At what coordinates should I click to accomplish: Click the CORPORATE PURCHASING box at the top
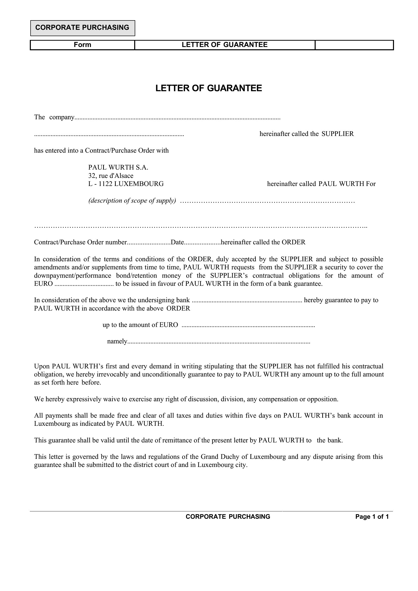pos(82,28)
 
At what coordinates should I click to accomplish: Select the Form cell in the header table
pos(82,45)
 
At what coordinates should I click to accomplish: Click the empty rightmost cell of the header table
pos(354,45)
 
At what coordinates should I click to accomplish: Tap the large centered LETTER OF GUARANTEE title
pos(209,88)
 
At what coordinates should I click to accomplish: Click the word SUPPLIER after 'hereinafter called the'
pos(338,134)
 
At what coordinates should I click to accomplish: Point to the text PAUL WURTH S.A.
pos(118,168)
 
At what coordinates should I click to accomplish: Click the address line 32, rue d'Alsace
pos(111,176)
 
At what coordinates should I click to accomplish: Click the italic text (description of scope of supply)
pos(132,201)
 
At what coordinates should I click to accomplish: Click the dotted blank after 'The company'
pos(178,118)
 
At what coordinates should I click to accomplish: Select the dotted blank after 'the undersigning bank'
pos(247,301)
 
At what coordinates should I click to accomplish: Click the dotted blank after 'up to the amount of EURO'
pos(248,326)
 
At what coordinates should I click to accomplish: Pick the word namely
pos(117,342)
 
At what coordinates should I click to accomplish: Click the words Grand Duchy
pos(224,457)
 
